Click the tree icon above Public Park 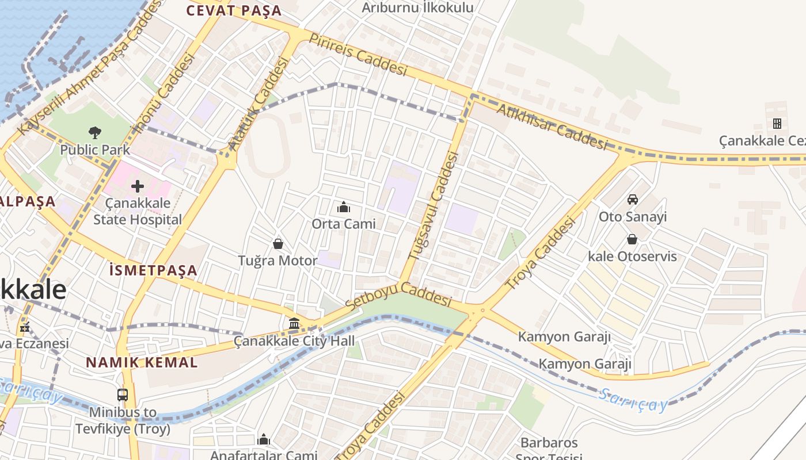[x=95, y=133]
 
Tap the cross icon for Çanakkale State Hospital [x=138, y=186]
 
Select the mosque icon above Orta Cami [x=344, y=207]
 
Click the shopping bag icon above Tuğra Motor [x=278, y=244]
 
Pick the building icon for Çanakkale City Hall [x=294, y=324]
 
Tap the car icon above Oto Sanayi [x=633, y=200]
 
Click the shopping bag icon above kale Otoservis [x=632, y=239]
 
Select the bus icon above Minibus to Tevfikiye [x=123, y=395]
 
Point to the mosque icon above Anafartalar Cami [x=264, y=440]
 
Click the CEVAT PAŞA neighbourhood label [x=234, y=10]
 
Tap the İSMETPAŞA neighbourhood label [x=153, y=270]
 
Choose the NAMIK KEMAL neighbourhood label [x=142, y=363]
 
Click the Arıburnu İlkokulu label [x=417, y=7]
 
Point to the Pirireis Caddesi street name [x=358, y=54]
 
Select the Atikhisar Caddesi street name [x=552, y=126]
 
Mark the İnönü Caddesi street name [x=166, y=93]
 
